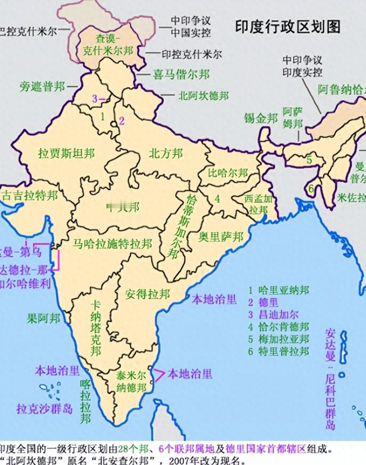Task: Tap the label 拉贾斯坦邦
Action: tap(66, 154)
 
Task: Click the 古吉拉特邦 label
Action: tap(30, 196)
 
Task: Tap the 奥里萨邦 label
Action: tap(221, 237)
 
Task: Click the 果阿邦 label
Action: tap(43, 318)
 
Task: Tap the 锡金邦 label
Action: tap(261, 119)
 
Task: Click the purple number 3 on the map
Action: tap(95, 98)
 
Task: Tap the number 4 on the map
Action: tap(217, 199)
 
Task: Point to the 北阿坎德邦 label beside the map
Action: tap(204, 95)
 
